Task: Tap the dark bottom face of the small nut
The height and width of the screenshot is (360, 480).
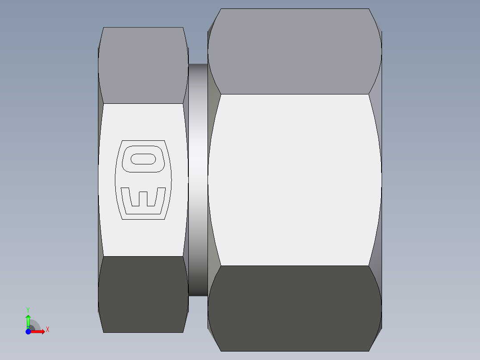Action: (x=143, y=294)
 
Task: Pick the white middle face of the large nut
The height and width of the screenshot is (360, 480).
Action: (x=294, y=178)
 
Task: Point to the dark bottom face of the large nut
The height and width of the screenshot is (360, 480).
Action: (x=294, y=307)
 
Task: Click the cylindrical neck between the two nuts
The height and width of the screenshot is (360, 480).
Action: (x=198, y=178)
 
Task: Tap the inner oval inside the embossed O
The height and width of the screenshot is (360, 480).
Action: (x=143, y=159)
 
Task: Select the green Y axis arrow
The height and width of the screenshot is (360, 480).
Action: (x=28, y=320)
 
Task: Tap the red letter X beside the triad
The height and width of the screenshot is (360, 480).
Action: (x=48, y=330)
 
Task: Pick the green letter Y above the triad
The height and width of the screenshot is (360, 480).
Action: (x=28, y=309)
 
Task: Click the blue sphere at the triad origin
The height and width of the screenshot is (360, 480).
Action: (x=28, y=331)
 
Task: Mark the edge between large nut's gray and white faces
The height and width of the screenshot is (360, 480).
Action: (x=294, y=94)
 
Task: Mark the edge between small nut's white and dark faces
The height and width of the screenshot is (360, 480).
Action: (x=143, y=256)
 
